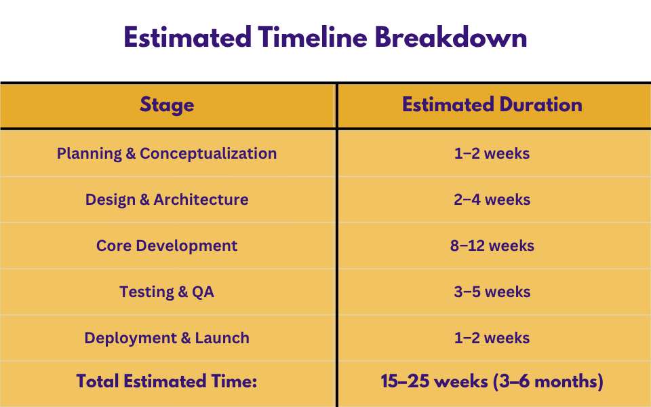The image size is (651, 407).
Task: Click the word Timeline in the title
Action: [312, 37]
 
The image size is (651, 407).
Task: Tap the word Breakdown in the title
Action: [451, 37]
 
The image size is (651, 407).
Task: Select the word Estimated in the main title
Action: [187, 37]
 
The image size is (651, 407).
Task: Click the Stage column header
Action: [167, 105]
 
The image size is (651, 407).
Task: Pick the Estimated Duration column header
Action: [492, 104]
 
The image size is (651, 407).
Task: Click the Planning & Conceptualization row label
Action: [167, 154]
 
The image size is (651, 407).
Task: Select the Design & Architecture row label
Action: [167, 199]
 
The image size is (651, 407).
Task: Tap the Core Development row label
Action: [167, 246]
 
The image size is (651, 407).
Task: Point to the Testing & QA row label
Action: [167, 292]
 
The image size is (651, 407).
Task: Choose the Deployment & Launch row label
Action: [167, 338]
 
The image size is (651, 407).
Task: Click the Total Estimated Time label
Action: [167, 381]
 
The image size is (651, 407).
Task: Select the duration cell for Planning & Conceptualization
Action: [492, 154]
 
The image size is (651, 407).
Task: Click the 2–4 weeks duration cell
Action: [492, 199]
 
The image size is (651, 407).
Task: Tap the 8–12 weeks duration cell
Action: [492, 246]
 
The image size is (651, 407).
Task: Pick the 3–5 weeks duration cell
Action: [492, 292]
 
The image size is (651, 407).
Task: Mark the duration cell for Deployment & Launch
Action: [492, 338]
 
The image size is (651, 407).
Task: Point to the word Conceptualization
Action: [208, 154]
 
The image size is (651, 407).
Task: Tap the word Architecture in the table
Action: [201, 199]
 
